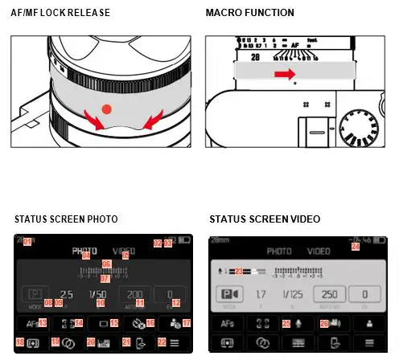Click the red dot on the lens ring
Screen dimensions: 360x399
tap(105, 108)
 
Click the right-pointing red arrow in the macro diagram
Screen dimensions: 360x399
tap(282, 74)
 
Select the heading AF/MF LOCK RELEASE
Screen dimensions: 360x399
tap(60, 14)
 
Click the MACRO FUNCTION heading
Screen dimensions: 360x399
tap(249, 14)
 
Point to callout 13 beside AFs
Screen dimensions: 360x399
tap(43, 323)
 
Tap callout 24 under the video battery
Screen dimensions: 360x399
tap(356, 247)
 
